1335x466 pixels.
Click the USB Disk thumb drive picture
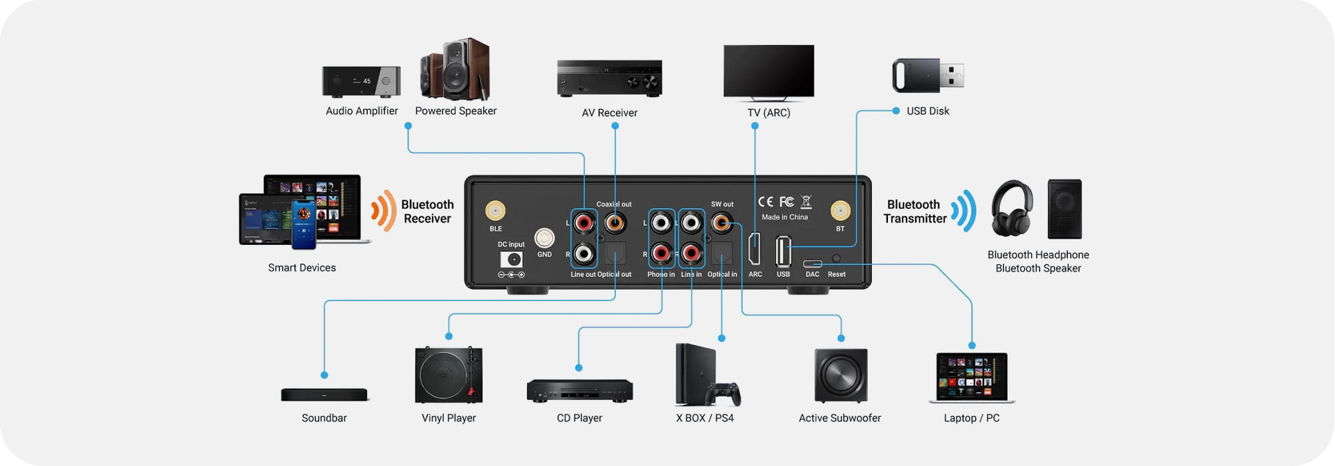[x=928, y=75]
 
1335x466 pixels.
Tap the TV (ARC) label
[x=768, y=113]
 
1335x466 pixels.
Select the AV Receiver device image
[x=609, y=78]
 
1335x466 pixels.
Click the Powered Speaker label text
[x=455, y=111]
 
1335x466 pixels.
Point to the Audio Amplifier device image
[x=361, y=81]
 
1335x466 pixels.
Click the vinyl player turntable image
[x=448, y=375]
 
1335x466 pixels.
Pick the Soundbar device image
[x=324, y=395]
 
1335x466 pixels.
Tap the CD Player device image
[x=579, y=391]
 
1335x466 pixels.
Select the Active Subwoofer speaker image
[x=841, y=376]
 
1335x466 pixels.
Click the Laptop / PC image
[x=971, y=378]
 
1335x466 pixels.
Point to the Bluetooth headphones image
[x=1012, y=209]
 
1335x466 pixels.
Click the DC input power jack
[x=512, y=259]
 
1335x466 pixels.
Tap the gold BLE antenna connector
[x=495, y=210]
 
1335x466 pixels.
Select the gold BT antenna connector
[x=840, y=210]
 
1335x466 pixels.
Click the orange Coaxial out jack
[x=615, y=223]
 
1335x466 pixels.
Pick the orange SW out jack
[x=722, y=223]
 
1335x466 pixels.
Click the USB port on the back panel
[x=783, y=251]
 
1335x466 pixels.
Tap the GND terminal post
[x=544, y=239]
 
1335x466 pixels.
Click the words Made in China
[x=784, y=217]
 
